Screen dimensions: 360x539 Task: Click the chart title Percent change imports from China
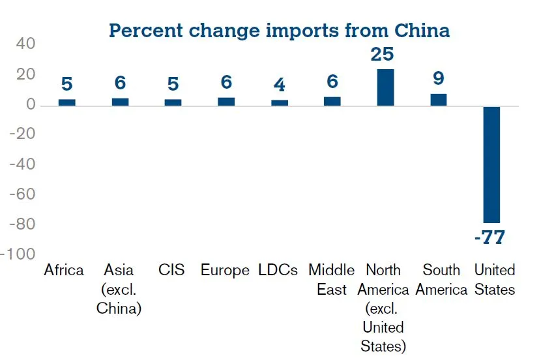(x=279, y=31)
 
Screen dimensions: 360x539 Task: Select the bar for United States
(x=491, y=164)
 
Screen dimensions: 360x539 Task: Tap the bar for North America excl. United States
(x=385, y=87)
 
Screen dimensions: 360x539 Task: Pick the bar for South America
(x=439, y=99)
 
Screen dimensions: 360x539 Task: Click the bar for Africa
(x=66, y=102)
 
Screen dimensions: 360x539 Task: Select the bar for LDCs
(x=279, y=102)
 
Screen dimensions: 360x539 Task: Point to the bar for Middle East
(x=332, y=101)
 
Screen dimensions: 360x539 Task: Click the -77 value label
(x=489, y=237)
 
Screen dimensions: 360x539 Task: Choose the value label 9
(x=439, y=79)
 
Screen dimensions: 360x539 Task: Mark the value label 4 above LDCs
(x=279, y=85)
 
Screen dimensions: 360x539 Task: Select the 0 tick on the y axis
(x=31, y=104)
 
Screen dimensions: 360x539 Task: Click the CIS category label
(x=171, y=270)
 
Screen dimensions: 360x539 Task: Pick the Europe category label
(x=225, y=270)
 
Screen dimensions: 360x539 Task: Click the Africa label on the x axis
(x=64, y=270)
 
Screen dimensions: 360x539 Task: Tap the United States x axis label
(x=494, y=279)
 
